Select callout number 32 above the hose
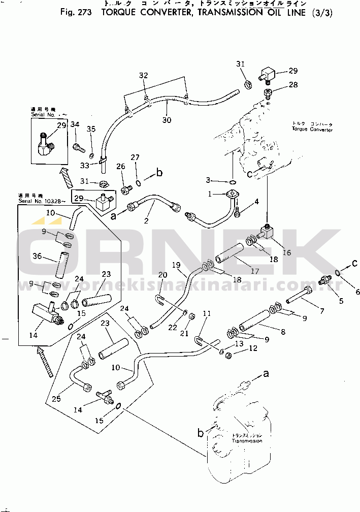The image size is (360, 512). pos(144,76)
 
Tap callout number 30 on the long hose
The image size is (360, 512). pos(167,120)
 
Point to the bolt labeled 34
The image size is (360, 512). pos(77,147)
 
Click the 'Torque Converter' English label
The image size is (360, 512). pos(312,130)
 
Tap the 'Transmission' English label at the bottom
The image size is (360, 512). pos(247,441)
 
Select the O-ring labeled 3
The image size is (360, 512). pos(231,182)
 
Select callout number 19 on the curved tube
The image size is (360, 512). pos(176,265)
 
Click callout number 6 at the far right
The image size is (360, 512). pos(357,292)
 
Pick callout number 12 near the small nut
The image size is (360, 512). pos(253,349)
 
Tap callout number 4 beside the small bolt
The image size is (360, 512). pos(256,202)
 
